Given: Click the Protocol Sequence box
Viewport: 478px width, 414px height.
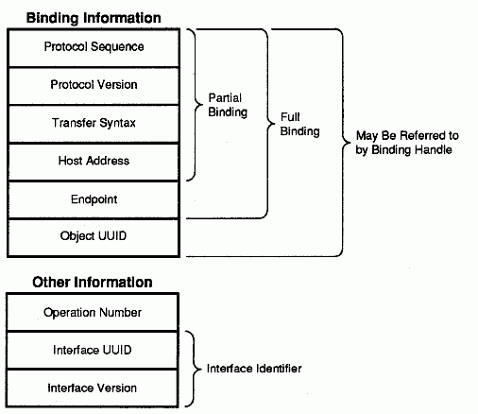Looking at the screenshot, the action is (x=94, y=48).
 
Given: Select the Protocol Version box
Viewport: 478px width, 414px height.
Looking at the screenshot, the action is (x=94, y=86).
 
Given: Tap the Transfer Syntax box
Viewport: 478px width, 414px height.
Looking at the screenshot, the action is (x=94, y=124).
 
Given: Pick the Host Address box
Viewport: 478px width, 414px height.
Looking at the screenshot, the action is (x=94, y=163).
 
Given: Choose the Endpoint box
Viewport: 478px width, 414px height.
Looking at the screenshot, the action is (x=94, y=200).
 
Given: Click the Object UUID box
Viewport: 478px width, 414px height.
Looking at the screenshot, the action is (x=94, y=238).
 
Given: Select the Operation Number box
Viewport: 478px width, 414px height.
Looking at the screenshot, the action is (x=93, y=312).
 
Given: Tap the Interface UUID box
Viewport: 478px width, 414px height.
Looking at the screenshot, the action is (x=93, y=350).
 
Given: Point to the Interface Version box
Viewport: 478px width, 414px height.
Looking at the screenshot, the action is (x=93, y=388).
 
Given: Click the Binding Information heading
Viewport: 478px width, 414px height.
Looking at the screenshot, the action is (x=94, y=18).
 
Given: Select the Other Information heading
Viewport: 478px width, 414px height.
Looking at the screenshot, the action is (x=93, y=282).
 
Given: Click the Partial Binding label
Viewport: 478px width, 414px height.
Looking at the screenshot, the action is (x=228, y=105).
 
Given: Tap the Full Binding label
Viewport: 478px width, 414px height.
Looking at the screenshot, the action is (x=299, y=125).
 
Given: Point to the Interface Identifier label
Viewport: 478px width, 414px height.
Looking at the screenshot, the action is (x=254, y=369).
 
